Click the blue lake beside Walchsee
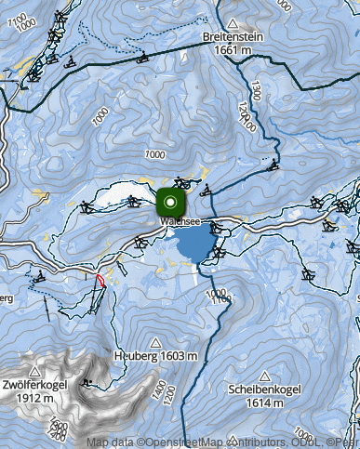[x=193, y=246]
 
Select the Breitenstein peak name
[x=233, y=37]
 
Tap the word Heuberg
[x=132, y=355]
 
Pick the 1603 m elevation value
[x=177, y=355]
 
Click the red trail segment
[x=100, y=280]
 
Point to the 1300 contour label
[x=254, y=89]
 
